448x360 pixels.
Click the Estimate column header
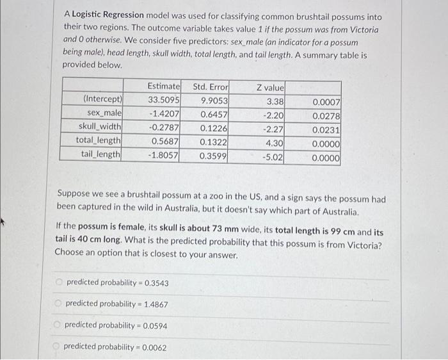coord(164,86)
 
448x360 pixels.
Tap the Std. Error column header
coord(211,86)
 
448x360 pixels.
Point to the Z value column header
coord(271,87)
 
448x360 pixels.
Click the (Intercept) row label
coord(103,100)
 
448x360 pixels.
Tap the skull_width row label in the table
coord(102,127)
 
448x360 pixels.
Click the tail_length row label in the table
coord(101,154)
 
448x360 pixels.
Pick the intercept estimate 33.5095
coord(164,100)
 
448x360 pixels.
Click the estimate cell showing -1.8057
coord(163,155)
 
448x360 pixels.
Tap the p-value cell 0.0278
coord(326,115)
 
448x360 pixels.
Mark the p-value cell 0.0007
coord(326,102)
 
